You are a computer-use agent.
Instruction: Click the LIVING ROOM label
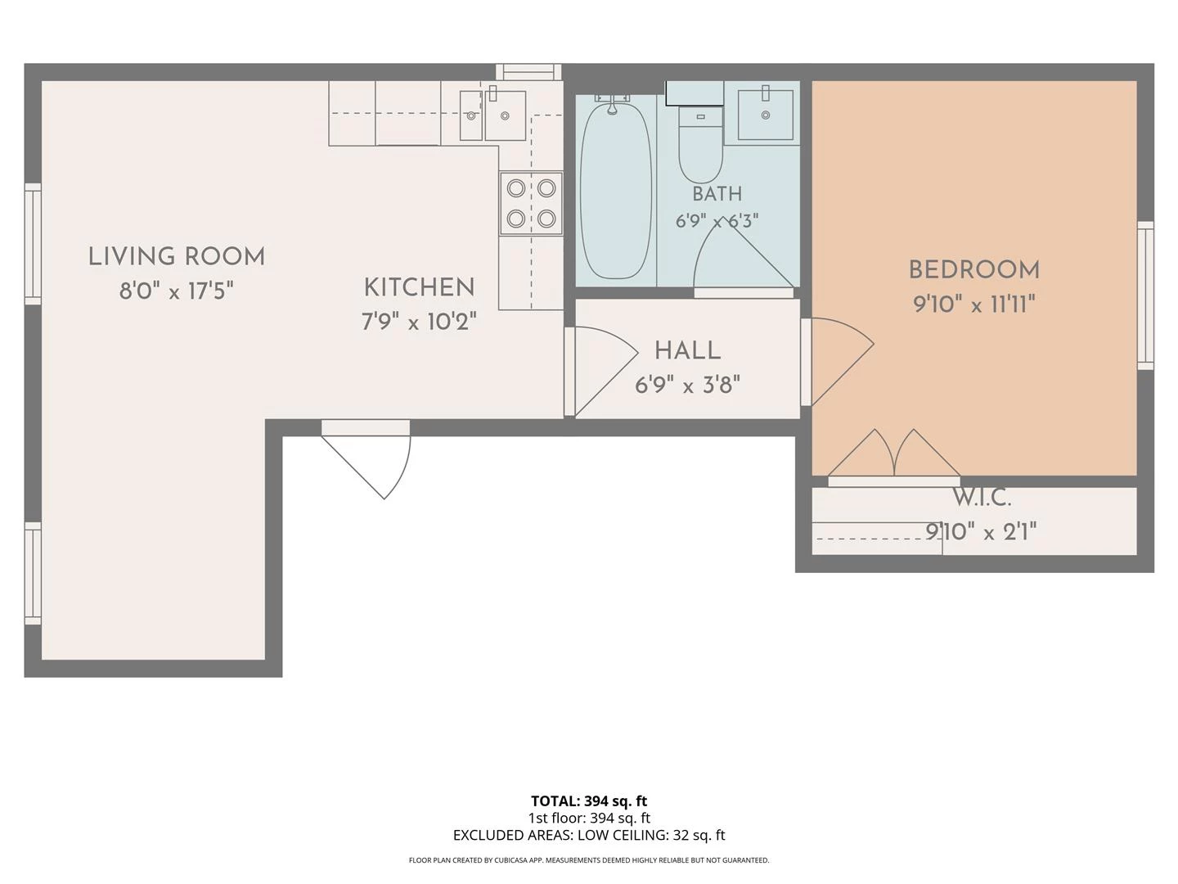coord(177,256)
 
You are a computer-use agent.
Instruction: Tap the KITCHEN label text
coord(419,287)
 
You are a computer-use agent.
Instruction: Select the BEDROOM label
coord(974,270)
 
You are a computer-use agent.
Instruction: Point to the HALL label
coord(687,351)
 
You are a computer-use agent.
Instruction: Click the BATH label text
coord(717,194)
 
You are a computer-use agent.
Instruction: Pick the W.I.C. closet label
coord(982,498)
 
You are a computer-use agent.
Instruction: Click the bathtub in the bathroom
coord(615,189)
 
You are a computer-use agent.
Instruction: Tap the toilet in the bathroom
coord(700,144)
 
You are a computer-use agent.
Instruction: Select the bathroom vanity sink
coord(766,115)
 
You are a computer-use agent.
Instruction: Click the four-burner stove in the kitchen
coord(531,204)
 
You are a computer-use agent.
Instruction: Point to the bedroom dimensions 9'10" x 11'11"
coord(974,304)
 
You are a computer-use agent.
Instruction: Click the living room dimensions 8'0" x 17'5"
coord(177,291)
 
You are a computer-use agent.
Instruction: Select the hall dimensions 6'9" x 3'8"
coord(687,385)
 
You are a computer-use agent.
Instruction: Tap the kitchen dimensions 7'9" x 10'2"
coord(419,322)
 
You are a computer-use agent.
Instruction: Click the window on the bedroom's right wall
coord(1145,295)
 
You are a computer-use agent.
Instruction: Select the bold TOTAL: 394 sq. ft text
coord(589,801)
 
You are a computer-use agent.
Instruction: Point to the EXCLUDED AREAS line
coord(589,835)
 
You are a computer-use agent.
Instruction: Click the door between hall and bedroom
coord(837,361)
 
